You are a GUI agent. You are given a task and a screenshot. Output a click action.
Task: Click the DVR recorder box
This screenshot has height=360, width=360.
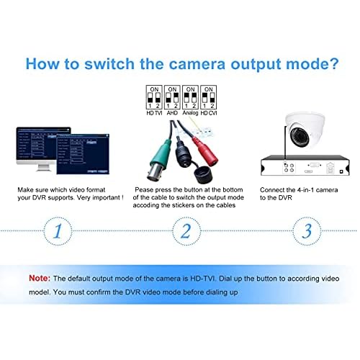[x=302, y=166]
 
